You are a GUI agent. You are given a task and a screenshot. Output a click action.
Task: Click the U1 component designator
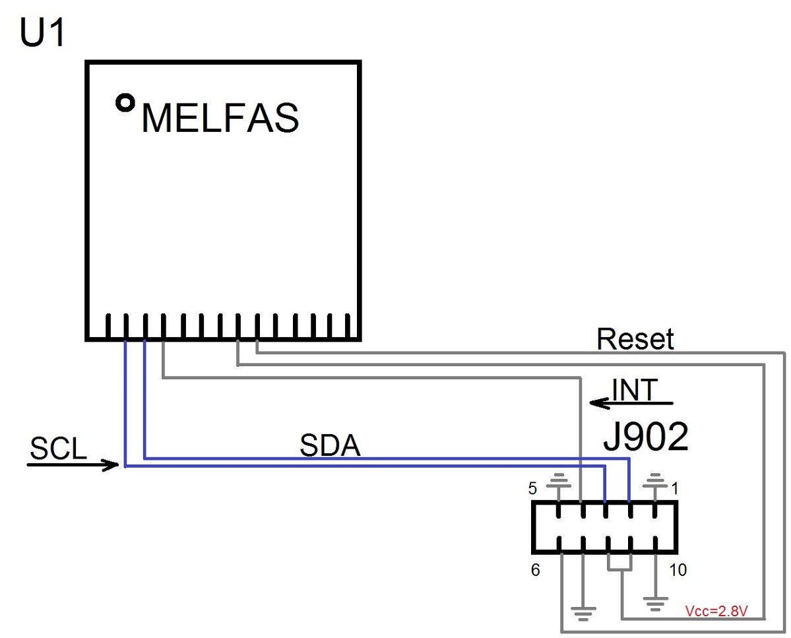[42, 32]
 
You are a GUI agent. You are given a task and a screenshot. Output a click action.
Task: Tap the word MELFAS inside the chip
[220, 118]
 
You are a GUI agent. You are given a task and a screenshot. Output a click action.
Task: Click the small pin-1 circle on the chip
[125, 103]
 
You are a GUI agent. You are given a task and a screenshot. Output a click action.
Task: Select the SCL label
[58, 448]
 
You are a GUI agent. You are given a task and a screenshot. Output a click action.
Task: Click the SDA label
[330, 445]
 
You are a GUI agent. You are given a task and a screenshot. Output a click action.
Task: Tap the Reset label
[635, 338]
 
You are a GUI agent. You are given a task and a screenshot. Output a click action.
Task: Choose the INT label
[635, 390]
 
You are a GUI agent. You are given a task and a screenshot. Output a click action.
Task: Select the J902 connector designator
[646, 437]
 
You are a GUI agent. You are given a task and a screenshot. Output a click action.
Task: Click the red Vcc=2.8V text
[716, 611]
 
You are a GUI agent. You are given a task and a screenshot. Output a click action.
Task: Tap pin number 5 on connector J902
[532, 488]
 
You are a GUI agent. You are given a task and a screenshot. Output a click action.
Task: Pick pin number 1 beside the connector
[675, 488]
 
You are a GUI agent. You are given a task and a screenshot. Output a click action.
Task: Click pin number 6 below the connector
[535, 570]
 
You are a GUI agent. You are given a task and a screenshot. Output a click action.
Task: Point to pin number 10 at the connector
[678, 570]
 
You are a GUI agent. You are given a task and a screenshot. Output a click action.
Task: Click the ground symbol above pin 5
[558, 481]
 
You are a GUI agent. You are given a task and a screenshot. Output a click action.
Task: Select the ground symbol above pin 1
[655, 481]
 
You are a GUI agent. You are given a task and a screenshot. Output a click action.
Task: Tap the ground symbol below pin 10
[655, 604]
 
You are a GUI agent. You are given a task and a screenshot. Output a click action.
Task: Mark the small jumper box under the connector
[619, 571]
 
